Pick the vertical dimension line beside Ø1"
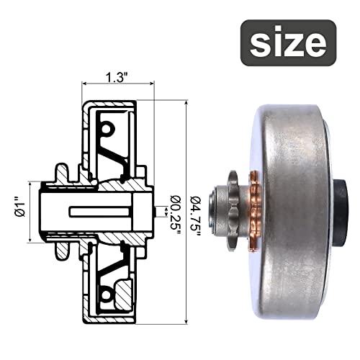pos(30,210)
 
